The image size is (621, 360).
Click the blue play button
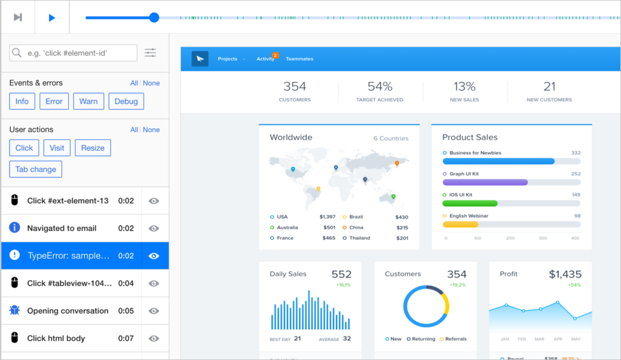52,17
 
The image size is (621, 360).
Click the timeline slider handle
154,17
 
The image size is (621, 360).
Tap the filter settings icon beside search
151,53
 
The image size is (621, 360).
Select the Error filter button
54,102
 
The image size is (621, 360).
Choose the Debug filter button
126,102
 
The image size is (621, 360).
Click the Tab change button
36,169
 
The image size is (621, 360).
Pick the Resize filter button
93,148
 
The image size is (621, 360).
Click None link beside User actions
151,130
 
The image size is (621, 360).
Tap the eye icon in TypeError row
154,256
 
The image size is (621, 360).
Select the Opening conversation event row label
68,311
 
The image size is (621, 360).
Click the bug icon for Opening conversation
15,310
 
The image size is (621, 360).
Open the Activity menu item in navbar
265,59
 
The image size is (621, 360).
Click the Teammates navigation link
299,59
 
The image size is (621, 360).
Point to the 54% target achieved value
380,87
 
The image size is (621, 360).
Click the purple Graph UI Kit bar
485,183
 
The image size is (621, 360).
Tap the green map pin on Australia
394,197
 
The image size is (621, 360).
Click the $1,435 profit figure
565,274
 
